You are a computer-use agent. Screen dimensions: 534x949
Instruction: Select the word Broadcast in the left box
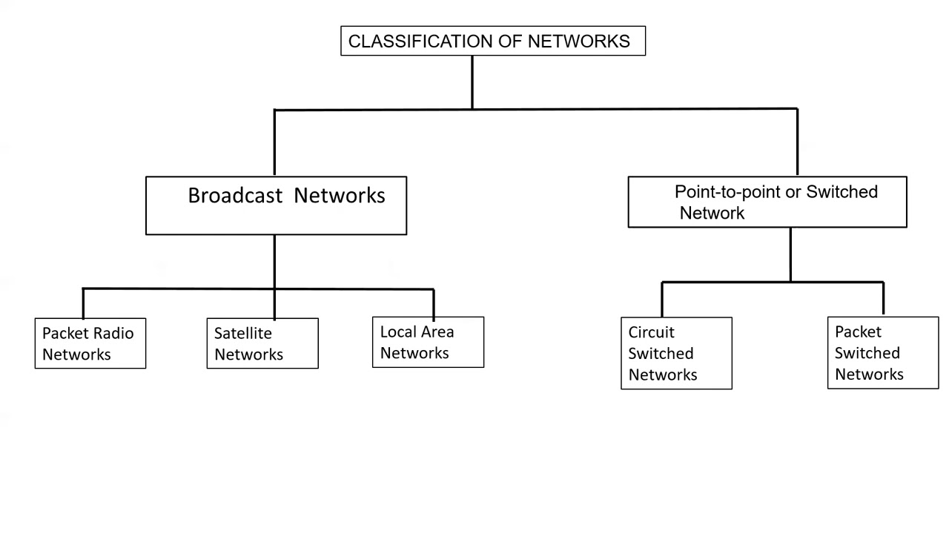(x=235, y=196)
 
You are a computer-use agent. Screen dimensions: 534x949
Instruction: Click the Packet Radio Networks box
(x=90, y=343)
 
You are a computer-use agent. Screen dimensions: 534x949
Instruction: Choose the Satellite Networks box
(x=262, y=343)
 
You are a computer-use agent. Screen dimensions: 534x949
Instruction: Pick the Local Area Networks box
(x=428, y=343)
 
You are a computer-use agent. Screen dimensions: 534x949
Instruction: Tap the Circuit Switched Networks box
(x=676, y=353)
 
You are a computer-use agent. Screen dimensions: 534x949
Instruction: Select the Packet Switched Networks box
(x=882, y=353)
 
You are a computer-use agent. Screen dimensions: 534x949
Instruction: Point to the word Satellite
(x=242, y=333)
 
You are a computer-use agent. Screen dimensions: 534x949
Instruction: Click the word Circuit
(x=651, y=332)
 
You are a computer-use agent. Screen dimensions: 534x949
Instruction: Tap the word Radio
(x=114, y=333)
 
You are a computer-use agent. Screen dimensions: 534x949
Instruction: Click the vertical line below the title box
(x=472, y=82)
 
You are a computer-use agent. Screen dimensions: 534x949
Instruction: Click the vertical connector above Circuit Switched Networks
(x=661, y=299)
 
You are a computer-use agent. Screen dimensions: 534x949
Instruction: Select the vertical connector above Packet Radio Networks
(x=82, y=303)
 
